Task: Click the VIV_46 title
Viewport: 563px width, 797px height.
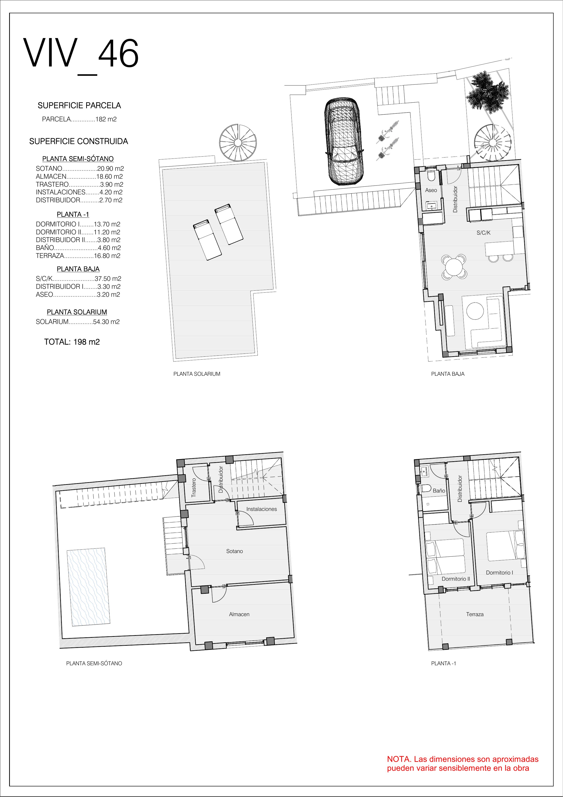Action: coord(81,56)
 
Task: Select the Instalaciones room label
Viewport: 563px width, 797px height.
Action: coord(262,509)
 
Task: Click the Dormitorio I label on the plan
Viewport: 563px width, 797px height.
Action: coord(499,573)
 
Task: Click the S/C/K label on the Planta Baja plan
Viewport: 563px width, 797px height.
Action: coord(484,233)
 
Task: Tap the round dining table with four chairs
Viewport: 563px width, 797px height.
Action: coord(454,267)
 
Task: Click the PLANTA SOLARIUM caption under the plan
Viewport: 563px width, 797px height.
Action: coord(197,374)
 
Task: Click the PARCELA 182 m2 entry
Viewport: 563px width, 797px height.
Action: coord(79,119)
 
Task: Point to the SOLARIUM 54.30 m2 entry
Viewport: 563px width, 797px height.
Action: coord(78,322)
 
